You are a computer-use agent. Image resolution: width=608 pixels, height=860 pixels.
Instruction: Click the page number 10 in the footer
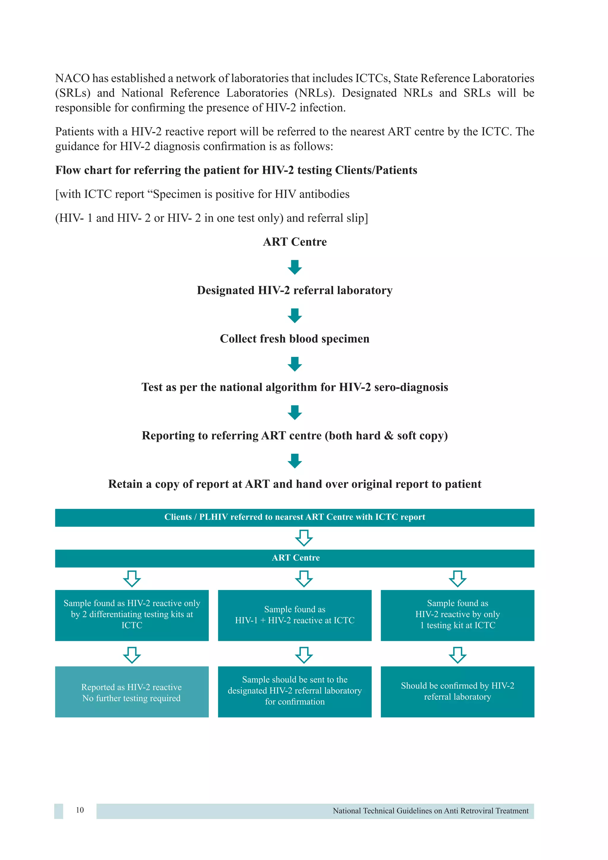click(x=80, y=810)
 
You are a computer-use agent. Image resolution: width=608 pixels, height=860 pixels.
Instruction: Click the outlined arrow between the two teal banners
click(x=304, y=537)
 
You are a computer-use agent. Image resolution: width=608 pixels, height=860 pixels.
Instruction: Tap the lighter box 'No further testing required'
click(x=132, y=692)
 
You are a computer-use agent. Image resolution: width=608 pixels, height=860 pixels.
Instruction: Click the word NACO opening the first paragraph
click(x=72, y=78)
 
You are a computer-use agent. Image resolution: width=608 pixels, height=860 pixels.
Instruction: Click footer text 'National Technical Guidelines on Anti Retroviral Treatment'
click(x=430, y=811)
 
